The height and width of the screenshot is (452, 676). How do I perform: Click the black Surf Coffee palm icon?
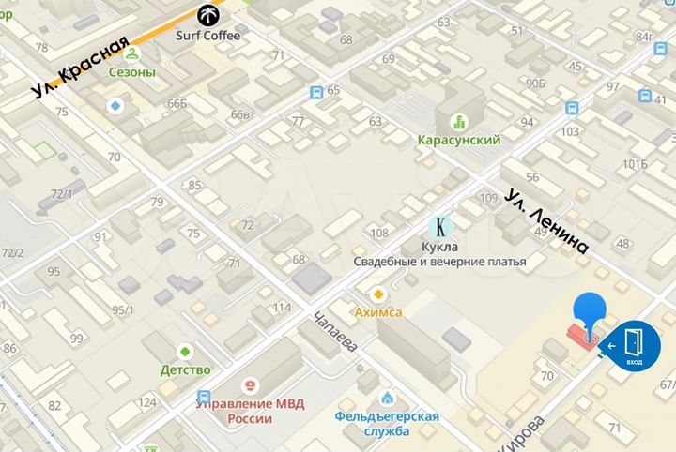point(207,14)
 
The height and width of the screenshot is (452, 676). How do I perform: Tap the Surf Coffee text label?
point(207,36)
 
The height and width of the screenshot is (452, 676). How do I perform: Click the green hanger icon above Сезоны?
point(132,53)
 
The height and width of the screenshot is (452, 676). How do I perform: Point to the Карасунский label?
point(458,140)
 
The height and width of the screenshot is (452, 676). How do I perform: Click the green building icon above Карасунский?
point(459,121)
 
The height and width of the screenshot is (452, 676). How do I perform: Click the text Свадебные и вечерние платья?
point(438,262)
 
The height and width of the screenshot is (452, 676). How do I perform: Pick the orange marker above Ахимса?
point(378,294)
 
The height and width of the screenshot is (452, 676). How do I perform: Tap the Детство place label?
point(185,369)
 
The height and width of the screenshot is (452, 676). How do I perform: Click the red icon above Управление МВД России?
point(250,384)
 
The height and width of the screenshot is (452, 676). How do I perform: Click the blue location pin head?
point(590,309)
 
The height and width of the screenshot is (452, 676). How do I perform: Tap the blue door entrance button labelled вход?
point(635,346)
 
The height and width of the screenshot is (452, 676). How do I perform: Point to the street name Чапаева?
point(335,330)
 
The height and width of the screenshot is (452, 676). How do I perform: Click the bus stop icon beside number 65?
point(316,92)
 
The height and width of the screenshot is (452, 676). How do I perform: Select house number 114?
point(281,308)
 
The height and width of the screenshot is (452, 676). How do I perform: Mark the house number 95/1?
point(123,310)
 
